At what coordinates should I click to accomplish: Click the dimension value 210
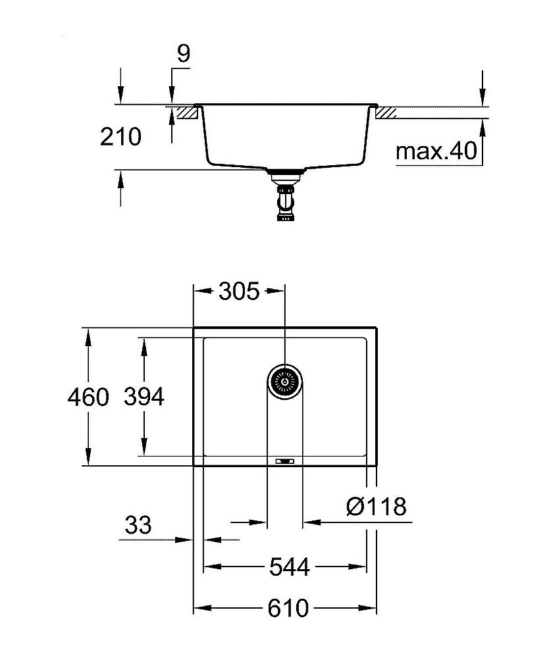[x=120, y=137]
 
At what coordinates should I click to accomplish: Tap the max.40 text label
[x=436, y=152]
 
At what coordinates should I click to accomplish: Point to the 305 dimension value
[x=239, y=291]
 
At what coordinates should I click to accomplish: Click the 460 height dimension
[x=88, y=397]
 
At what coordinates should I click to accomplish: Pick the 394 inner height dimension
[x=144, y=397]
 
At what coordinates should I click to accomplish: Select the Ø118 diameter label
[x=376, y=507]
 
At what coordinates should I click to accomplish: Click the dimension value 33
[x=138, y=525]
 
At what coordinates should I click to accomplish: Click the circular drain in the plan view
[x=286, y=380]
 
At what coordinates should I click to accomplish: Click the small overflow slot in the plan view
[x=285, y=461]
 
